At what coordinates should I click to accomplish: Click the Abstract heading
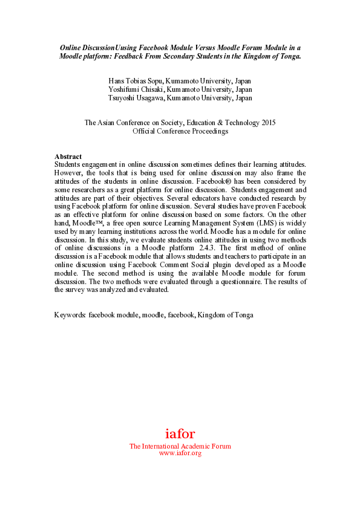68,157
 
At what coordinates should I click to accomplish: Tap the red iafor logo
180,433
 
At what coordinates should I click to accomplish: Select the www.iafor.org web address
180,453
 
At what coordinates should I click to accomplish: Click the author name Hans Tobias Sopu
134,80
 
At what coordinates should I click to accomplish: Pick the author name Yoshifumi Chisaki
134,89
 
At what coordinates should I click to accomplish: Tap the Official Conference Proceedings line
180,131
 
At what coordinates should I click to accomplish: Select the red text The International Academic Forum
180,446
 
